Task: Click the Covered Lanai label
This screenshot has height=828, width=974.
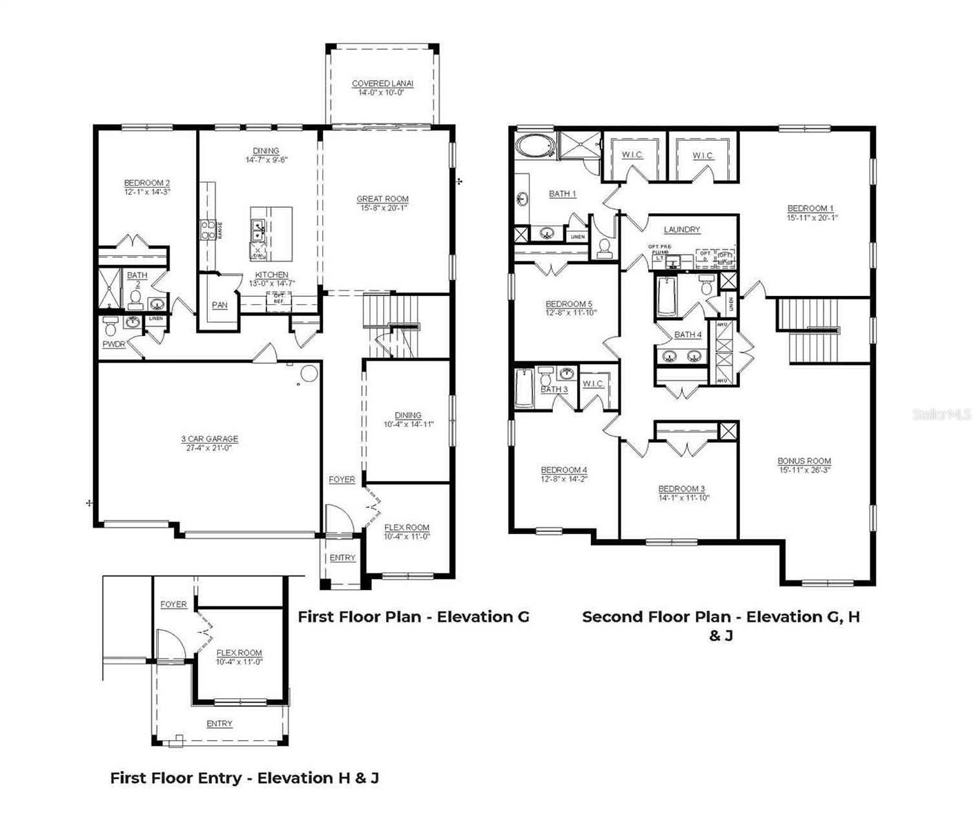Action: click(382, 83)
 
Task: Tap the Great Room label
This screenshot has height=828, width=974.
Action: click(382, 199)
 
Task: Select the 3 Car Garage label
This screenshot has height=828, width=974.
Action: click(209, 439)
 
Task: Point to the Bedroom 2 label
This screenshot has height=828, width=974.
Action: click(146, 183)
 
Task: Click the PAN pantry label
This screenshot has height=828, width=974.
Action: click(220, 305)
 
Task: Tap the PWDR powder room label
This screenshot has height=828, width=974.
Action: click(114, 344)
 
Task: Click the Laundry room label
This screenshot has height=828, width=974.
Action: click(682, 229)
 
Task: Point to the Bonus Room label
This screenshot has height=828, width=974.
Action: click(804, 461)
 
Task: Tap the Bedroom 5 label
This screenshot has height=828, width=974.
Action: click(569, 304)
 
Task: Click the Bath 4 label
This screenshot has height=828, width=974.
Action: click(688, 335)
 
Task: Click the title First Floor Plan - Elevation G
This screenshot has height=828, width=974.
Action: click(413, 617)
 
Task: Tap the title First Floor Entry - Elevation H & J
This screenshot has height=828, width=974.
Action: click(244, 778)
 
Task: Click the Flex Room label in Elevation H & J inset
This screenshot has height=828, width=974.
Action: click(239, 653)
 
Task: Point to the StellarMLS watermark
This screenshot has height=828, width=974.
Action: click(942, 414)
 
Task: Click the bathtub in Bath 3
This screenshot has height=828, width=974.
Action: click(523, 388)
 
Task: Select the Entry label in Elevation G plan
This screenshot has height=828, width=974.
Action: click(342, 558)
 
